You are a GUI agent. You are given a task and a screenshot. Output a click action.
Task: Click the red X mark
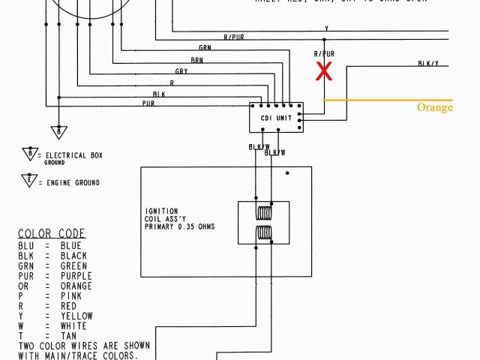point(324,71)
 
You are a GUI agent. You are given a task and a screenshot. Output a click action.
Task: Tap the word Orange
point(435,107)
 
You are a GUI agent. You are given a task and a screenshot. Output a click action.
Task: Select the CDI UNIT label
point(276,118)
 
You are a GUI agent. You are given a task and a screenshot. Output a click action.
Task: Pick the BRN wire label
point(196,60)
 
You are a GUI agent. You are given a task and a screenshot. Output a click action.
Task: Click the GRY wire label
point(181,71)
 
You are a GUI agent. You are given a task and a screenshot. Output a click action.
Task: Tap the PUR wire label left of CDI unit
point(148,103)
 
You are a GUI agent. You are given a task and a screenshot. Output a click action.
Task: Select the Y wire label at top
point(326,28)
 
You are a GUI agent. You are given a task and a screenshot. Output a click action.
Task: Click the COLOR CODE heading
point(52,233)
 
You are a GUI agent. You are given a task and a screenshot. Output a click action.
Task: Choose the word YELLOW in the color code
point(77,316)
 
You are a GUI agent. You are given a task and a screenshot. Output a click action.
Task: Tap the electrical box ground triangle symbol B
point(29,154)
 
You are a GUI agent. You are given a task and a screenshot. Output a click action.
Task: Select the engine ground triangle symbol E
point(29,181)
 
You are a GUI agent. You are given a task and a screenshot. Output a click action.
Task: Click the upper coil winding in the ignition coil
point(264,212)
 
